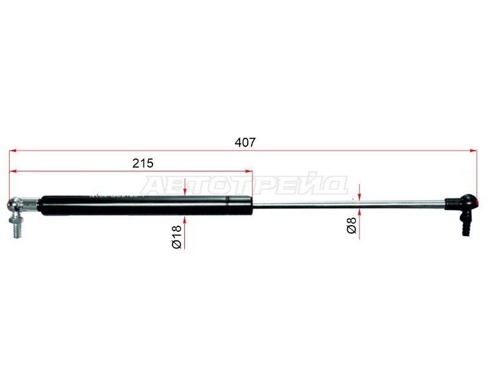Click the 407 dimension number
(245, 143)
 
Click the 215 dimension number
(143, 163)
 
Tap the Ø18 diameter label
(176, 237)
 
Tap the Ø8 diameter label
(351, 225)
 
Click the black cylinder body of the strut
(146, 206)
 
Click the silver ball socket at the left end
(14, 204)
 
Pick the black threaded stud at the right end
(465, 223)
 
